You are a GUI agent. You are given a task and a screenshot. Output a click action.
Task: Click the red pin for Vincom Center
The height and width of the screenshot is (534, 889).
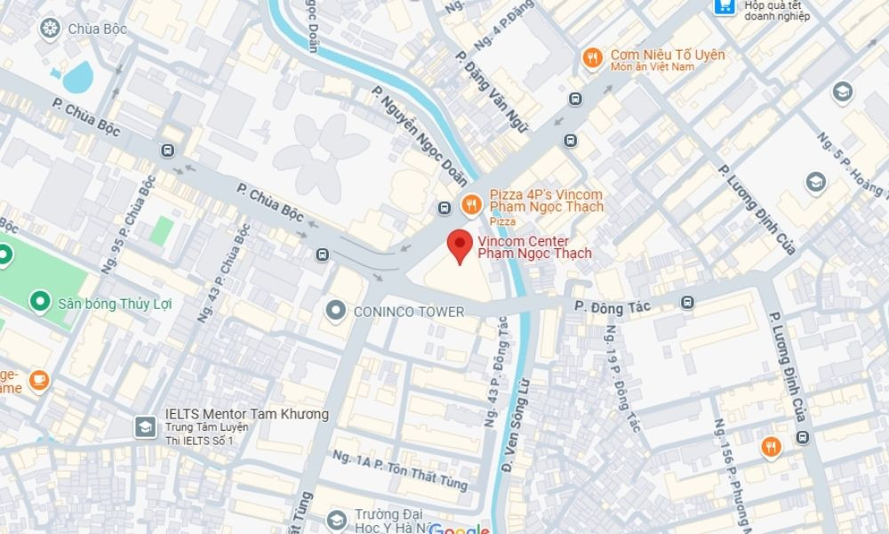click(459, 244)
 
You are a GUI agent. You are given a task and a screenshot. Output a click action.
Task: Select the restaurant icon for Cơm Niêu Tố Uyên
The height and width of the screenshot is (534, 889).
click(592, 59)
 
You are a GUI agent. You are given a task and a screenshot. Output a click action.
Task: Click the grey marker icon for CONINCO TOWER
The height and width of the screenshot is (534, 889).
click(336, 311)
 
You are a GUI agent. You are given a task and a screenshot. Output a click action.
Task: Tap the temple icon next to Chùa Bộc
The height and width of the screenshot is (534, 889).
click(50, 28)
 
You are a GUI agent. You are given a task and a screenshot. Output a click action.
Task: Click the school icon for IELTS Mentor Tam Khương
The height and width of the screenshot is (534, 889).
click(144, 426)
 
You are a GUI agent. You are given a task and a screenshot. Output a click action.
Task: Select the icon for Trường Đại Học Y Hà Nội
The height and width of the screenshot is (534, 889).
click(336, 520)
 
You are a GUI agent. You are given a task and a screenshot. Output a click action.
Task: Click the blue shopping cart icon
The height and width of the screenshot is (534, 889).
click(725, 7)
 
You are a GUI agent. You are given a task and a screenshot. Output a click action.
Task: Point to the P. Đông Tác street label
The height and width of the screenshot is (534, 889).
click(613, 306)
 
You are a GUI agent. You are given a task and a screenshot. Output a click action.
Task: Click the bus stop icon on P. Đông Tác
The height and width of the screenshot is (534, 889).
click(687, 303)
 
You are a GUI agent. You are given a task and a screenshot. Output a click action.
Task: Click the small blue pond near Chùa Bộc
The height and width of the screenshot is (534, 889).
click(77, 77)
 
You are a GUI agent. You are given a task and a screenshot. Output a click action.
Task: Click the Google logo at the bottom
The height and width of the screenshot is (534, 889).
click(460, 530)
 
